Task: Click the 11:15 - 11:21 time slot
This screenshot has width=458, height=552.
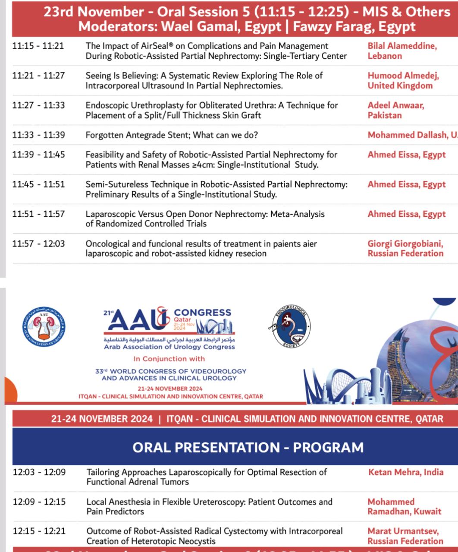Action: point(38,46)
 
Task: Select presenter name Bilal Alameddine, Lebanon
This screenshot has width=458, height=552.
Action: point(402,51)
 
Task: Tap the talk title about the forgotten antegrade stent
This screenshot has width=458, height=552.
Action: point(172,135)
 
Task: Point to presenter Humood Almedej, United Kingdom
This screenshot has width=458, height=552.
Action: point(403,81)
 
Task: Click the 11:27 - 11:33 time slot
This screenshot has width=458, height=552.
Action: point(38,105)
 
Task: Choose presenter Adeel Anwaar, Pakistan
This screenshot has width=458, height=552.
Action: point(395,110)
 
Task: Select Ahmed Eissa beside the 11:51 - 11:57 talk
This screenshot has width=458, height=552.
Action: point(406,214)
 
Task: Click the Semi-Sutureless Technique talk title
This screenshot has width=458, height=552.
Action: point(216,189)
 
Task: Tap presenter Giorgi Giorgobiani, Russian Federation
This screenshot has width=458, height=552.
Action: point(405,249)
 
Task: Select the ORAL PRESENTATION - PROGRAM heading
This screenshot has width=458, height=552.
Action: point(248,447)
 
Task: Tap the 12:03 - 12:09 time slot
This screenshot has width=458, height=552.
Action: point(39,472)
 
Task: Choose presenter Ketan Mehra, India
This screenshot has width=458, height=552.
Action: point(405,472)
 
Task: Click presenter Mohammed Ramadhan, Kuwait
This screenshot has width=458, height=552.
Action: point(404,507)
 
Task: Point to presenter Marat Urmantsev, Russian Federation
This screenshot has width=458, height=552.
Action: point(405,536)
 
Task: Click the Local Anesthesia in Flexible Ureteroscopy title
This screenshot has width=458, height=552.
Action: point(209,507)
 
